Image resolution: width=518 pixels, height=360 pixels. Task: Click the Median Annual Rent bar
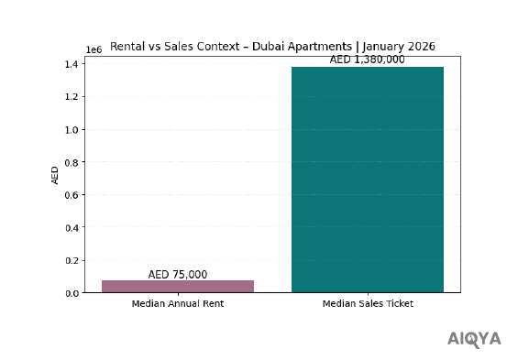pos(177,286)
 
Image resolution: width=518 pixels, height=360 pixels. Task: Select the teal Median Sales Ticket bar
pos(367,180)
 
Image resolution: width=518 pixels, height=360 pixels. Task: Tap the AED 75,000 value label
pos(177,274)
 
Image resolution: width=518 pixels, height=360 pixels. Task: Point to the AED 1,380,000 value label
pos(367,60)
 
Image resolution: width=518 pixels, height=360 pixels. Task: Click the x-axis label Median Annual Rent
pos(177,303)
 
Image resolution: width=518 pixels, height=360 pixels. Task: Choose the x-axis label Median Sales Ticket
pos(367,303)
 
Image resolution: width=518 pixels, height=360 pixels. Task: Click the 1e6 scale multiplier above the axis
pos(93,49)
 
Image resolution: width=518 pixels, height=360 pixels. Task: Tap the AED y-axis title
pos(55,174)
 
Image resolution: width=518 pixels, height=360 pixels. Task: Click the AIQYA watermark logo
pos(474,339)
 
